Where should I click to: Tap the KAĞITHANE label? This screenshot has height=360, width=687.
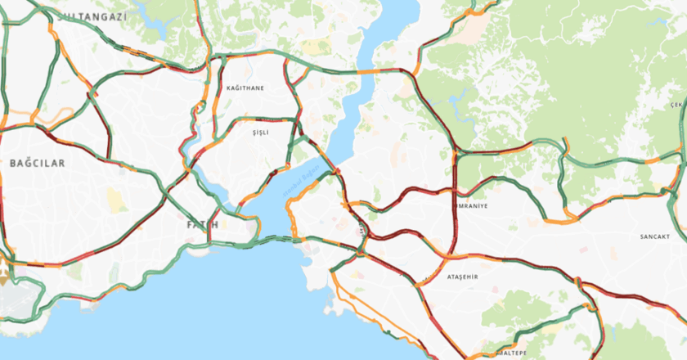coord(245,88)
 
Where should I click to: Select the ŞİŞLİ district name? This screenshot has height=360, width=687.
coord(260,132)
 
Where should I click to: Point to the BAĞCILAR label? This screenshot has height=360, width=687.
coord(37,164)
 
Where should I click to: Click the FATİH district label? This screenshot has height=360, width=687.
coord(202,223)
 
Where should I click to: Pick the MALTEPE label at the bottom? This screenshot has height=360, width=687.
coord(512,353)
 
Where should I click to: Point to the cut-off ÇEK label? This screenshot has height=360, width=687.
coord(677,105)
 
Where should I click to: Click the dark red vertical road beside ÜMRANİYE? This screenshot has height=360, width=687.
coord(452,205)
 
